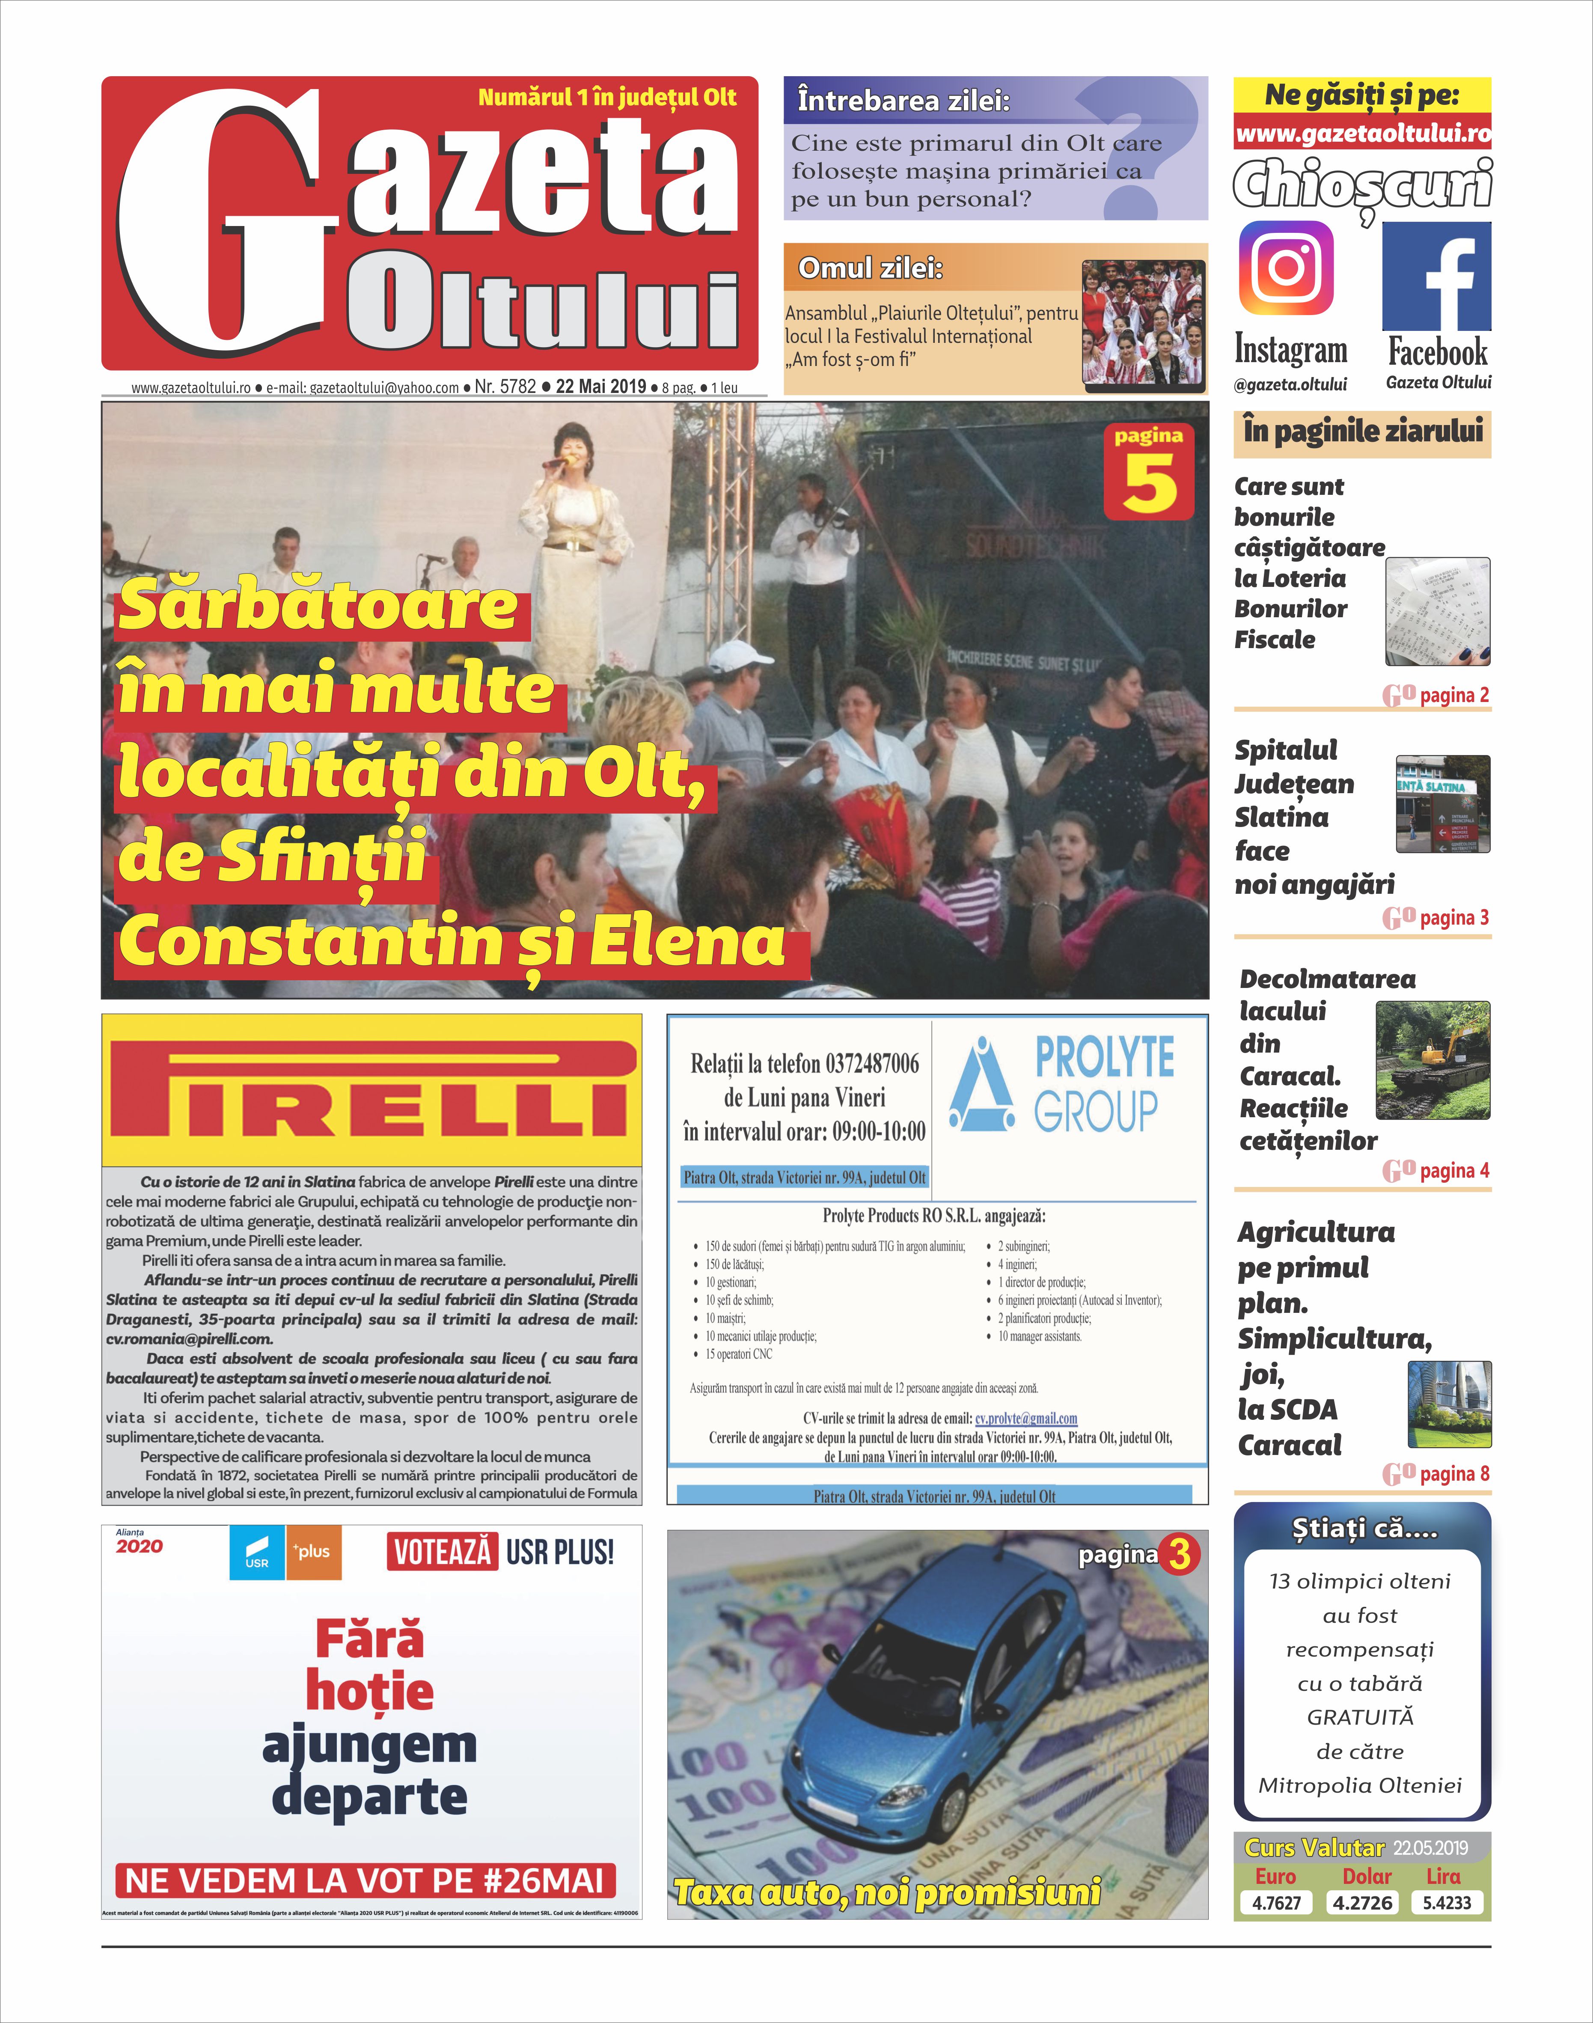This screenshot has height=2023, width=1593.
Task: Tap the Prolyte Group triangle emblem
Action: pos(981,1085)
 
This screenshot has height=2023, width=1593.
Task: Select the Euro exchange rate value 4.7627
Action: pos(1276,1903)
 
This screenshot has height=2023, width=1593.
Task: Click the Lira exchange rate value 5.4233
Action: pos(1447,1903)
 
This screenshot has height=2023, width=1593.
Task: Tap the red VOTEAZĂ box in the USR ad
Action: pos(442,1552)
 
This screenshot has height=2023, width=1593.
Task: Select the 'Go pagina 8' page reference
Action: pos(1436,1474)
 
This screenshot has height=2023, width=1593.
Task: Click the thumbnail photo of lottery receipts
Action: pos(1437,611)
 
